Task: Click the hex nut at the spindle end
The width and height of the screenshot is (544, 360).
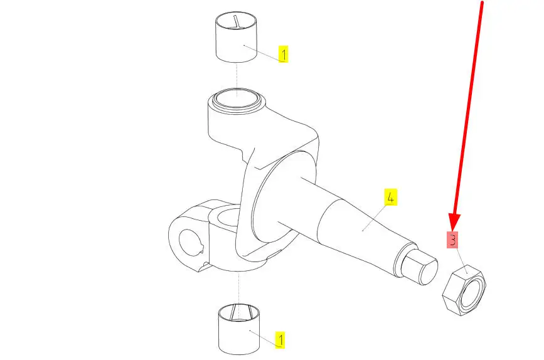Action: pos(464,290)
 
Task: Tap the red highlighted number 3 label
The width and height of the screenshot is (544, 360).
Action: pos(452,240)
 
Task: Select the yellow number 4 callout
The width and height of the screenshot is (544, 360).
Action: pos(390,198)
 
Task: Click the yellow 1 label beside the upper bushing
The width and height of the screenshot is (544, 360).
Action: pos(284,54)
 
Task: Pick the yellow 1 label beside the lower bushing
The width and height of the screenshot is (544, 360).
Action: pos(280,340)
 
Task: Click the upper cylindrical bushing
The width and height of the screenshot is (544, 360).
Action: pos(237,38)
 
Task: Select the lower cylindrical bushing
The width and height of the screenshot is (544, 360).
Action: pos(238,329)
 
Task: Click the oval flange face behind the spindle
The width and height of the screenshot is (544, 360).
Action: pos(284,197)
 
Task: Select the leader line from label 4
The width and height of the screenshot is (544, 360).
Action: pos(374,218)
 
